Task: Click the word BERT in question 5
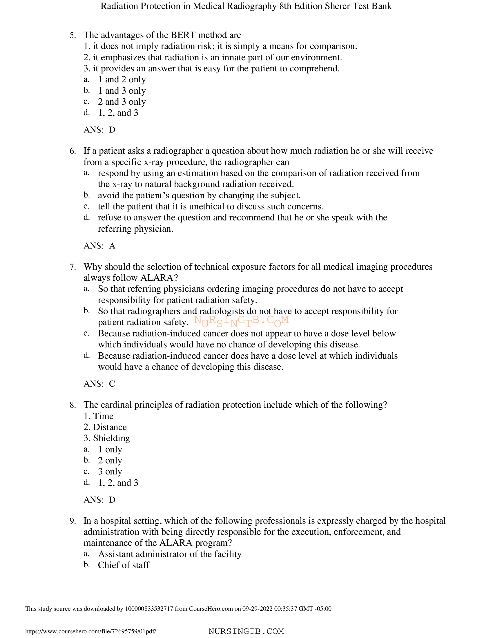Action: tap(183, 35)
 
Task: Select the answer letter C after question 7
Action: tap(112, 384)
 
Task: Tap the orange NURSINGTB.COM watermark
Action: tap(241, 321)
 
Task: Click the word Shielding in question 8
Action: tap(111, 438)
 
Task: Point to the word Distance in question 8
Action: tap(110, 427)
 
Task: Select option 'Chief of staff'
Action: tap(124, 565)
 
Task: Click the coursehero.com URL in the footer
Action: tap(90, 631)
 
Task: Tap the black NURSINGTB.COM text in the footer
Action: tap(246, 631)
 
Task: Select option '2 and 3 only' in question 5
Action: tap(122, 102)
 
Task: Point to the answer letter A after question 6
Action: tap(112, 246)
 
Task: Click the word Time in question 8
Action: tap(103, 416)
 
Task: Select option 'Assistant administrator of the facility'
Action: tap(170, 554)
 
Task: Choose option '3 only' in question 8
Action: tap(110, 472)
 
